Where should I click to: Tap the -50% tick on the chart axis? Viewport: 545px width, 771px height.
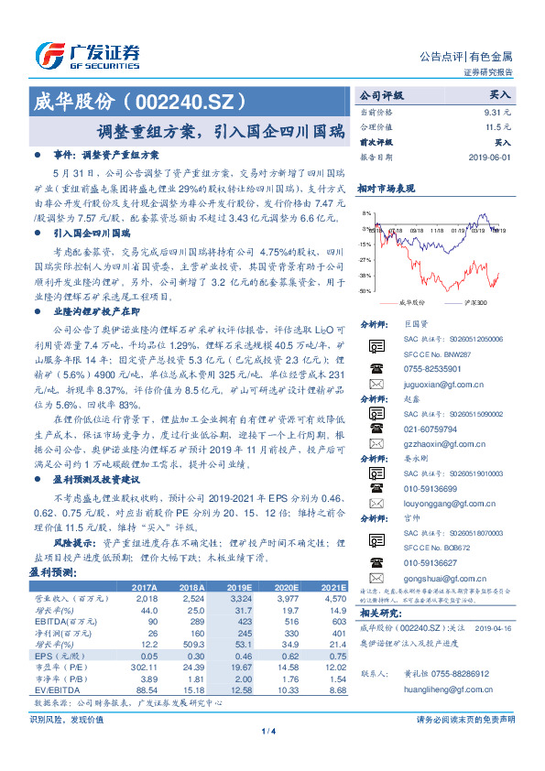click(x=366, y=291)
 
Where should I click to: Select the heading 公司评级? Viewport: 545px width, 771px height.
click(x=381, y=95)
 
